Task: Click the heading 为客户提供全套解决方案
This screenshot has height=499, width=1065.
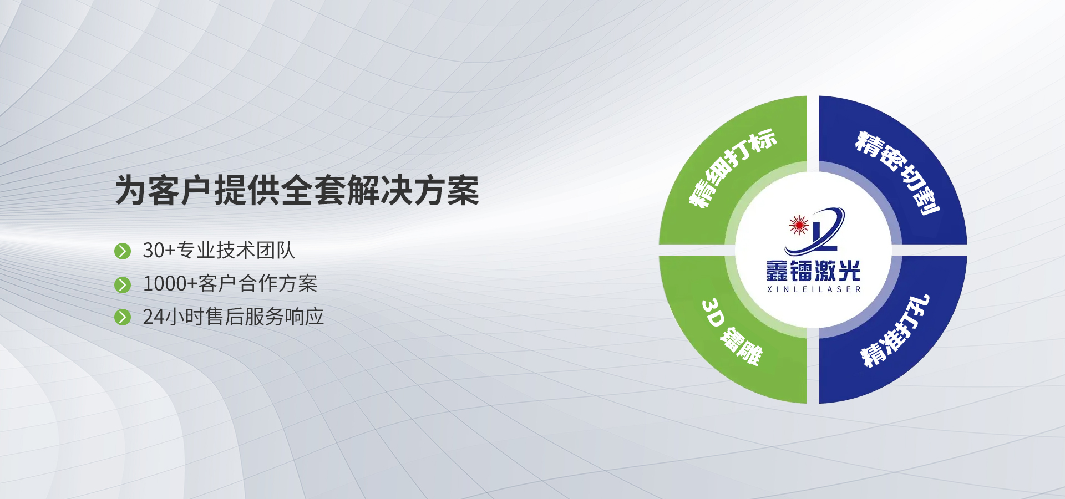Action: click(x=297, y=190)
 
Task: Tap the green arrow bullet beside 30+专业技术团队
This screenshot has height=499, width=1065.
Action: click(x=122, y=251)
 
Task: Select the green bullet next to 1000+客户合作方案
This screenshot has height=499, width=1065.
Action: click(x=122, y=284)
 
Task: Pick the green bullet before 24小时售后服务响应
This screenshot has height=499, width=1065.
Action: click(x=122, y=317)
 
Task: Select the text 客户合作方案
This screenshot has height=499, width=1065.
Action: click(x=258, y=283)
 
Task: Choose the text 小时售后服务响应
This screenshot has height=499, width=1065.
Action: click(x=244, y=317)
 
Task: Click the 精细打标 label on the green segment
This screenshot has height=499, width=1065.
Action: click(x=732, y=168)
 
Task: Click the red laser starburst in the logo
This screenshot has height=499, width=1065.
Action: click(x=799, y=225)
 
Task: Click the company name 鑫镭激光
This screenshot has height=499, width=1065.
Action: click(x=813, y=271)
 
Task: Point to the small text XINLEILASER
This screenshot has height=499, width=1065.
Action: click(x=814, y=289)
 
